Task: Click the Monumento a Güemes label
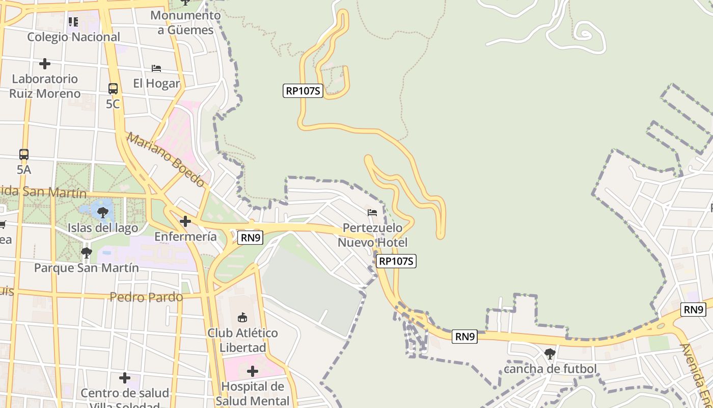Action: coord(185,22)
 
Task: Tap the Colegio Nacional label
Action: coord(73,37)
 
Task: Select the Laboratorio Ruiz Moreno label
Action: coord(45,86)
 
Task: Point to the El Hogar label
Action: coord(156,83)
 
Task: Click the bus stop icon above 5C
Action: coord(113,89)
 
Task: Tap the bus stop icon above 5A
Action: coord(24,154)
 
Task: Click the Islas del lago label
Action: coord(103,227)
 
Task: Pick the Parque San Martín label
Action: coord(86,267)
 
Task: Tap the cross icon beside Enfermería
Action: coord(185,221)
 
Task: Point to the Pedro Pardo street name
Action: coord(146,297)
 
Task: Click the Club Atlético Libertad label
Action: coord(242,340)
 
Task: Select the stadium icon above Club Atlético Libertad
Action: coord(242,317)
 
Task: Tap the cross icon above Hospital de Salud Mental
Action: coord(252,371)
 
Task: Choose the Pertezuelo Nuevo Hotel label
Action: coord(372,235)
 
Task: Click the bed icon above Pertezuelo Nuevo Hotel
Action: coord(372,212)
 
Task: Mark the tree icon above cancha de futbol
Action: coord(550,353)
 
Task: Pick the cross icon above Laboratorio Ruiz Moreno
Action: coord(45,64)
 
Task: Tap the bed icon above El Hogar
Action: coord(156,68)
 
